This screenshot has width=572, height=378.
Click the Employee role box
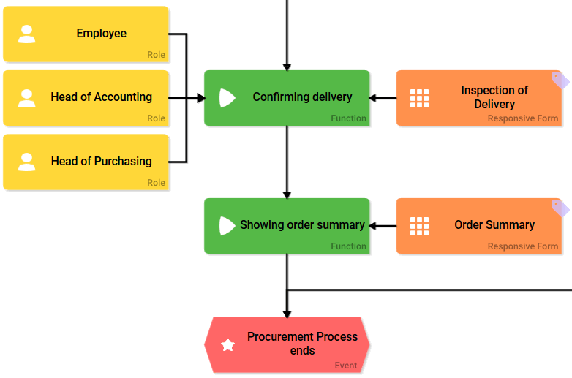(x=86, y=34)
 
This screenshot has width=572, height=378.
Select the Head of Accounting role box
(x=86, y=98)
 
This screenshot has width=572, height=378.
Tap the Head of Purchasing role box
(x=86, y=162)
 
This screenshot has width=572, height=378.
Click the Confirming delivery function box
(x=287, y=98)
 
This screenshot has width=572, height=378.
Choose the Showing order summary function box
(x=287, y=226)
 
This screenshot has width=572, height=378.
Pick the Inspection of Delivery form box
(x=479, y=98)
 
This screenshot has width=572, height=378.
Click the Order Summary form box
(x=479, y=226)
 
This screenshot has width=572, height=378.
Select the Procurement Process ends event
(x=287, y=344)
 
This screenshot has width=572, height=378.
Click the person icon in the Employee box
(x=26, y=34)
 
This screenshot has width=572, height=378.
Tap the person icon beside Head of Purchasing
(x=26, y=162)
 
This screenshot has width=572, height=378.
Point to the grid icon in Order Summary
(x=419, y=226)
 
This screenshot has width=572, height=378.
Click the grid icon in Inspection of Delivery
(x=419, y=98)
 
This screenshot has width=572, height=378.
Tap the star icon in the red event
(x=228, y=345)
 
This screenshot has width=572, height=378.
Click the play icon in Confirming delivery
(x=227, y=98)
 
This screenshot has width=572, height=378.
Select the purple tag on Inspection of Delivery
(x=560, y=80)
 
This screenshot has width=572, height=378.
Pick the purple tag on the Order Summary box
(x=560, y=208)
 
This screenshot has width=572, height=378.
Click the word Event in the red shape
(x=346, y=366)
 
